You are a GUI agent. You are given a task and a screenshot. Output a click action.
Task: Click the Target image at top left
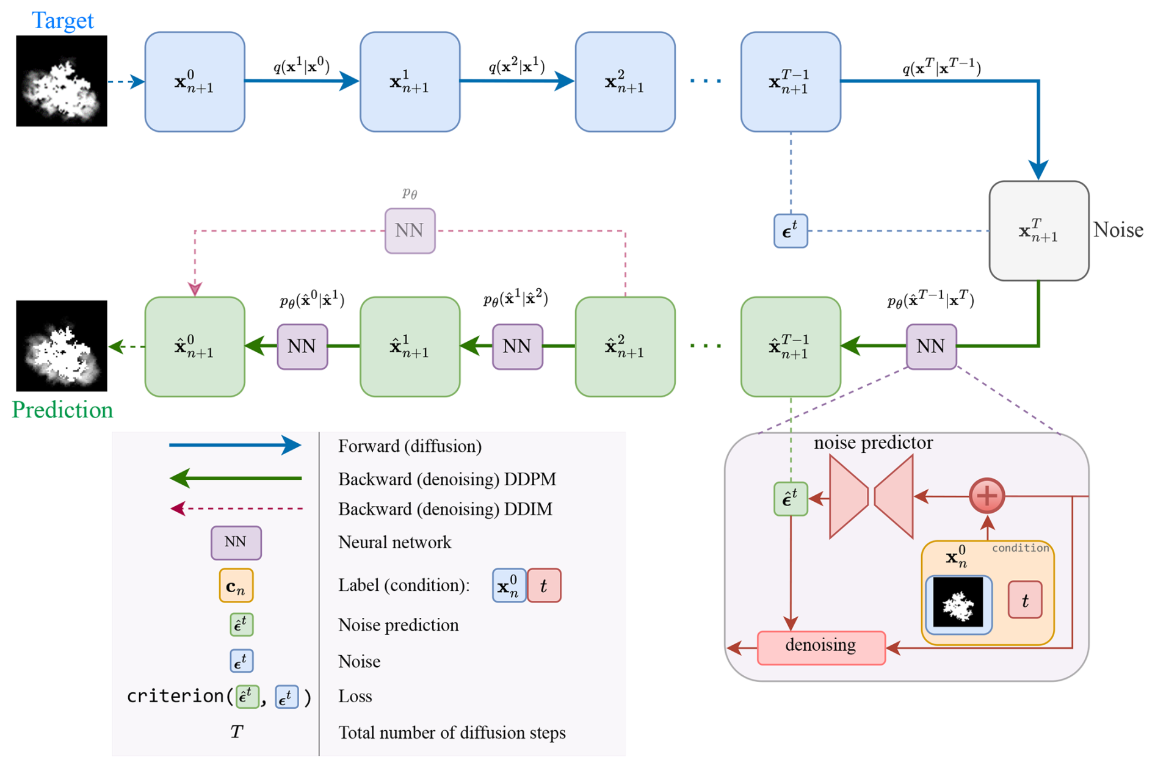pos(62,81)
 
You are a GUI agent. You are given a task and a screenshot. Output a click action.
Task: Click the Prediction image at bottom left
pos(62,346)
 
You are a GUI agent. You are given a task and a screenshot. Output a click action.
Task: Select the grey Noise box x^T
pos(1038,231)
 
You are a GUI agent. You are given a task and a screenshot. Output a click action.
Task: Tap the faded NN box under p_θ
pos(410,231)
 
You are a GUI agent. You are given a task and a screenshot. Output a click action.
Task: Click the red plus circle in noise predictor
pos(987,496)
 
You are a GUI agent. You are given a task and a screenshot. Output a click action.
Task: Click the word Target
pos(62,20)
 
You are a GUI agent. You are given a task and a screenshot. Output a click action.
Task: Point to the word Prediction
pos(62,410)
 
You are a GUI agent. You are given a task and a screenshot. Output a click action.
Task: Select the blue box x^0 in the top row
pos(195,82)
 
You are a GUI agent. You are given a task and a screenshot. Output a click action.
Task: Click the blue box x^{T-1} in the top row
pos(791,82)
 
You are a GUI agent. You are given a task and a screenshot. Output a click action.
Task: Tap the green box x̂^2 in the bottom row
pos(625,347)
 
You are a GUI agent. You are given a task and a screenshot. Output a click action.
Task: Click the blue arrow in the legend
pos(235,445)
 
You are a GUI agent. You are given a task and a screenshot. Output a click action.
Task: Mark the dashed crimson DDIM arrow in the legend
pos(237,509)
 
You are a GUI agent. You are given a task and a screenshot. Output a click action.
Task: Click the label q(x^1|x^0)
pos(302,66)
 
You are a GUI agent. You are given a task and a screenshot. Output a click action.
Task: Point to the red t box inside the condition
pos(1024,601)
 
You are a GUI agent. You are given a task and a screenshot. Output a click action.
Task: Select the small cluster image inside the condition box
pos(958,603)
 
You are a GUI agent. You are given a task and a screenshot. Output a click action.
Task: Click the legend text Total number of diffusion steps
pos(452,733)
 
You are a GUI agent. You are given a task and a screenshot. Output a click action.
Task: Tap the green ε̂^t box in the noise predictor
pos(791,499)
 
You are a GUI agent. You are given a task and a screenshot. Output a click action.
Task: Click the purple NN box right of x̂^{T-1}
pos(931,347)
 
